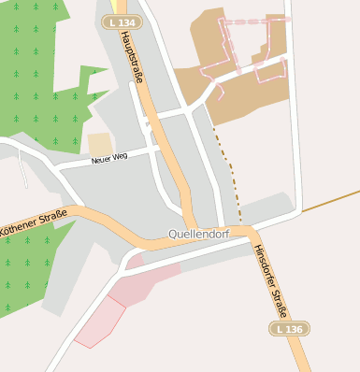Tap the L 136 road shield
pos(289,329)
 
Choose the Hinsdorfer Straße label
pos(271,280)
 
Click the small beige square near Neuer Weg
pos(99,144)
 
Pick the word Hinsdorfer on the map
pos(263,265)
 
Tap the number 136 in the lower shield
pos(294,329)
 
